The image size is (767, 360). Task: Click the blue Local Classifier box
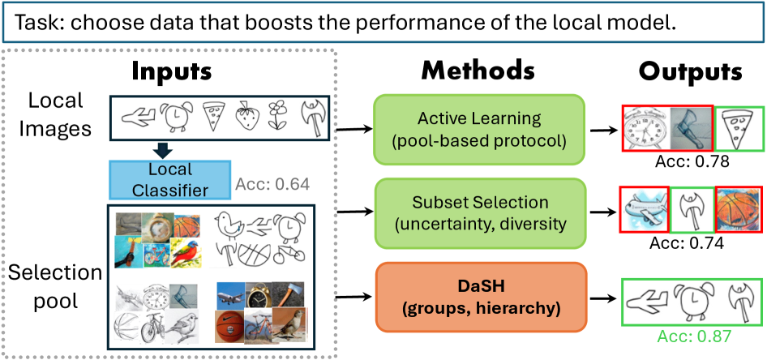click(169, 179)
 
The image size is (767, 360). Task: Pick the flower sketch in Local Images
click(278, 117)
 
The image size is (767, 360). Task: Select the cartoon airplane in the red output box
click(645, 212)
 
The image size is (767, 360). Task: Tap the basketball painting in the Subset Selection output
click(738, 212)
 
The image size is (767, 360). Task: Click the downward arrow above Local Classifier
click(165, 150)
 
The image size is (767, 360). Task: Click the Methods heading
click(478, 71)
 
